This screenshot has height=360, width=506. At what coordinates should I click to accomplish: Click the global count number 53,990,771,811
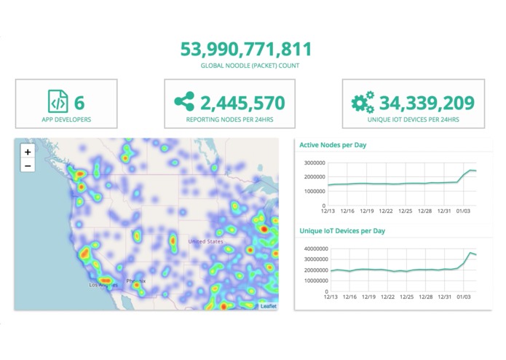(246, 50)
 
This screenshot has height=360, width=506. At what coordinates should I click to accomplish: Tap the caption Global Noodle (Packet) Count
(250, 66)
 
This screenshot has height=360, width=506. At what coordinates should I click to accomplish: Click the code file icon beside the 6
(57, 101)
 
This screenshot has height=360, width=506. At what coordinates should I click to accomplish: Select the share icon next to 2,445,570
(184, 101)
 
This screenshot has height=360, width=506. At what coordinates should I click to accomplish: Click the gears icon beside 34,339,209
(363, 102)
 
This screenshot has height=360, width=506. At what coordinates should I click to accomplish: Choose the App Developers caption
(66, 119)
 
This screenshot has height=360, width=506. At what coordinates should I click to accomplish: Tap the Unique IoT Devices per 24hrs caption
(414, 119)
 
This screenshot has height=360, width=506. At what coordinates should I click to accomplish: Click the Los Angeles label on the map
(101, 285)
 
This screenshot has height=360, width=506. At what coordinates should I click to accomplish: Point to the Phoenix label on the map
(136, 281)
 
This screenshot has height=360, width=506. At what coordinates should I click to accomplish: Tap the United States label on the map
(206, 240)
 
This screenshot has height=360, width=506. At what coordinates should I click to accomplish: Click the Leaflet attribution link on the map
(269, 306)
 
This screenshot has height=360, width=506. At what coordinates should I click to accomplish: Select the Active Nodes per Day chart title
(333, 145)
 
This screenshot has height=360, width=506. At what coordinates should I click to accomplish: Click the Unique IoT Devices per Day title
(342, 231)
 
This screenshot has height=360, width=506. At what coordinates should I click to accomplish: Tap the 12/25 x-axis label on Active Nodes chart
(410, 211)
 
